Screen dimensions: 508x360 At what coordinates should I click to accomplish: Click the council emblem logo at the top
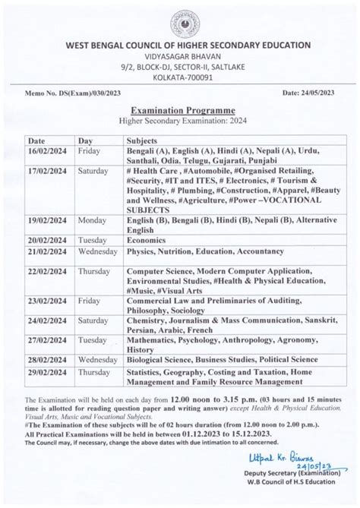coord(180,22)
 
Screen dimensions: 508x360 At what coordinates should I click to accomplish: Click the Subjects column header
coord(146,141)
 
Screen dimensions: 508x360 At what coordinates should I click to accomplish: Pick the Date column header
coord(38,141)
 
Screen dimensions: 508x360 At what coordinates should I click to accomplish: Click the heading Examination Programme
coord(180,110)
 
